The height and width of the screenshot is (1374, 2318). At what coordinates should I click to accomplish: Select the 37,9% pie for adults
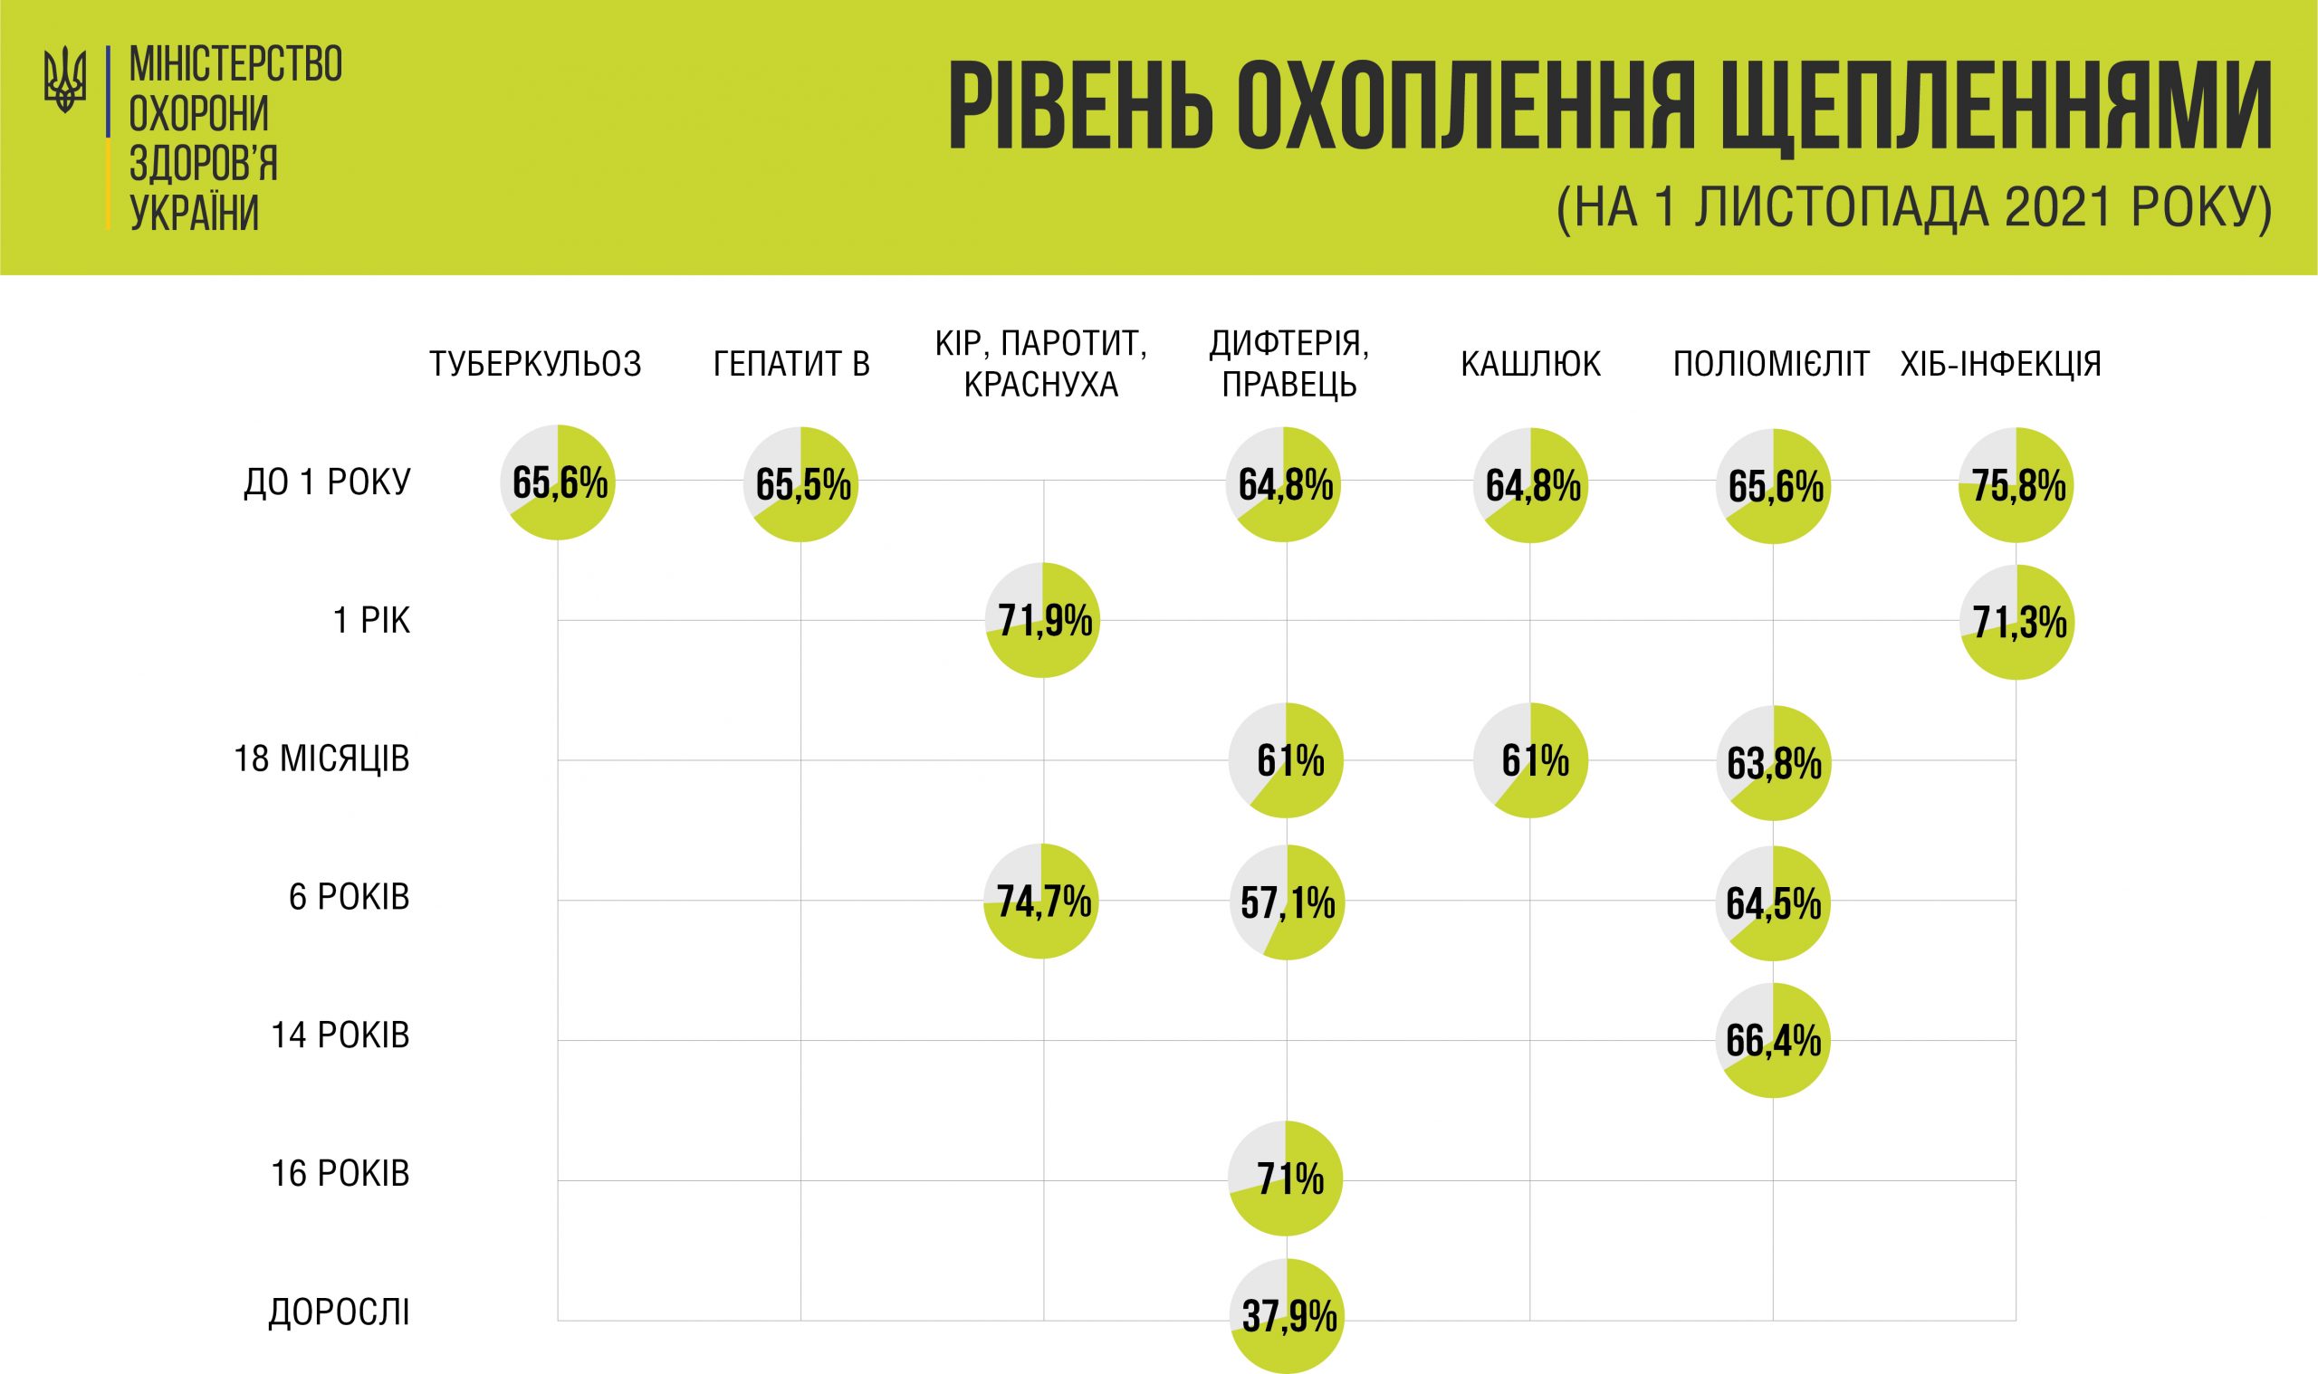pyautogui.click(x=1288, y=1316)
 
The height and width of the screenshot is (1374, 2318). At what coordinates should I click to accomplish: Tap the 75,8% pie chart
pyautogui.click(x=2016, y=485)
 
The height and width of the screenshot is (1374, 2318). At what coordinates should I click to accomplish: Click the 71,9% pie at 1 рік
pyautogui.click(x=1043, y=620)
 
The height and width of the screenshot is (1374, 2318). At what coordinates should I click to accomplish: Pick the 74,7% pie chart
pyautogui.click(x=1042, y=901)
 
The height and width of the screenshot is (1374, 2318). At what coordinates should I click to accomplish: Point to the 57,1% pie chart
pyautogui.click(x=1288, y=902)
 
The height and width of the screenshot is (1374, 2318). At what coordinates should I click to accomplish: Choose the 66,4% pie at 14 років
pyautogui.click(x=1773, y=1041)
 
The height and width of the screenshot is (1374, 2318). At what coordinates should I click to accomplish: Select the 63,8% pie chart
pyautogui.click(x=1774, y=763)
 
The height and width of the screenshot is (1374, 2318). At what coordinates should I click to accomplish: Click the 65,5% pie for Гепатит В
pyautogui.click(x=801, y=484)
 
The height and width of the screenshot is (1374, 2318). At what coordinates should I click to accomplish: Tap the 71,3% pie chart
pyautogui.click(x=2017, y=622)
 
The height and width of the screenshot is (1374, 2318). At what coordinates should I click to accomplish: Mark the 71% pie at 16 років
pyautogui.click(x=1287, y=1178)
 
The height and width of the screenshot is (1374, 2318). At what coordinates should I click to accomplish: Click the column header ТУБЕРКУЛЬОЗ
pyautogui.click(x=535, y=365)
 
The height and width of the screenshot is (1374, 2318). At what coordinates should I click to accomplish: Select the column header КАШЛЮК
pyautogui.click(x=1530, y=365)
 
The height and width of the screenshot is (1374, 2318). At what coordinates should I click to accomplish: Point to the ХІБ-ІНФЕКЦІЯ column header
pyautogui.click(x=2000, y=365)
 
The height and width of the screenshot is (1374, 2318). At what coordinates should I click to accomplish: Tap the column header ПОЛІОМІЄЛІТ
pyautogui.click(x=1771, y=365)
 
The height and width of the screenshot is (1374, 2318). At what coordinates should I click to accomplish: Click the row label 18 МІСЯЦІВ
pyautogui.click(x=321, y=759)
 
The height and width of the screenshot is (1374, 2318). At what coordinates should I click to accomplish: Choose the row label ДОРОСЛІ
pyautogui.click(x=339, y=1312)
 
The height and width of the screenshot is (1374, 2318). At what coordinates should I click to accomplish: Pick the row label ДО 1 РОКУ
pyautogui.click(x=327, y=482)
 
